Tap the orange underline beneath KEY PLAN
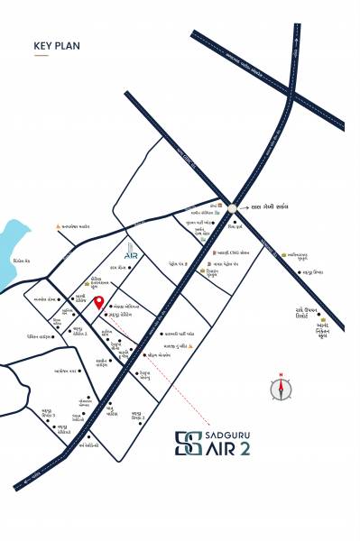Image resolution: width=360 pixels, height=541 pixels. coord(41,56)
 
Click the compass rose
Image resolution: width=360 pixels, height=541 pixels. coord(282,388)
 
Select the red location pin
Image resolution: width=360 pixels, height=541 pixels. coord(99,303)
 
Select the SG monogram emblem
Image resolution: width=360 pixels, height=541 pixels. coord(188,443)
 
